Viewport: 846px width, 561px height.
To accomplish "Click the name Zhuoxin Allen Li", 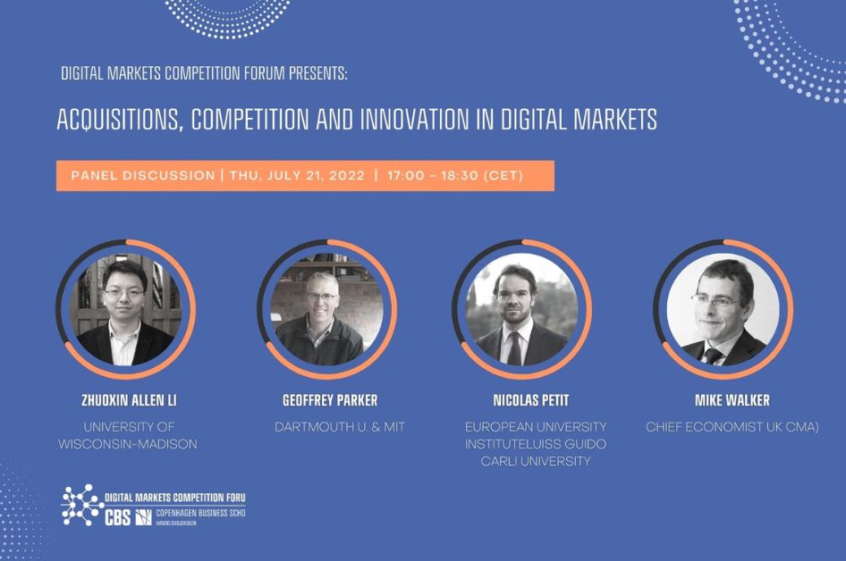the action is [129, 400].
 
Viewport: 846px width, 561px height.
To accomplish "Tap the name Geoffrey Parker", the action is [330, 400].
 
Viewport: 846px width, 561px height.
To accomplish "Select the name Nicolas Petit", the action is [531, 400].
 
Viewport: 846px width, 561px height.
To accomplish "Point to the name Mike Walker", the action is [732, 400].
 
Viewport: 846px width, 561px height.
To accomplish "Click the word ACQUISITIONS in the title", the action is [117, 120].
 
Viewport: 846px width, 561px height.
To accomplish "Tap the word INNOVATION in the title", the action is [414, 119].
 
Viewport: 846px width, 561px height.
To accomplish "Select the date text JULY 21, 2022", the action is [316, 176].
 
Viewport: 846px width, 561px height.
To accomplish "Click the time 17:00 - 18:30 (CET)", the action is [455, 176].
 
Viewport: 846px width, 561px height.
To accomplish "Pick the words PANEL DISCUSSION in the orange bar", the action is [143, 176].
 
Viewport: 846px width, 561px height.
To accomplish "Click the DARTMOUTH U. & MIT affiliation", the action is [340, 427].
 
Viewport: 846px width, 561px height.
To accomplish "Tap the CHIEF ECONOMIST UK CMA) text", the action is [732, 427].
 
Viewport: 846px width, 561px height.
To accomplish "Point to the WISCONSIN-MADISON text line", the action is [128, 445].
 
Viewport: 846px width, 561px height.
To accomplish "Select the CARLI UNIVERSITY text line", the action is [536, 462].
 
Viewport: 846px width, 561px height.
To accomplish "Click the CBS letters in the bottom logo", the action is [118, 518].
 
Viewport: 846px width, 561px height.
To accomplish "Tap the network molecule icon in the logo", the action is [82, 505].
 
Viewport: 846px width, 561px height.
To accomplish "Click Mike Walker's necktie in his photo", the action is [713, 356].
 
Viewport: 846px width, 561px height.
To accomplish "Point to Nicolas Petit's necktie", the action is [514, 347].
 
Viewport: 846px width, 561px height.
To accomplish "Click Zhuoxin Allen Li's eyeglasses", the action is [124, 293].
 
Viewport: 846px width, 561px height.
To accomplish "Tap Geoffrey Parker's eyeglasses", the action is [322, 297].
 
